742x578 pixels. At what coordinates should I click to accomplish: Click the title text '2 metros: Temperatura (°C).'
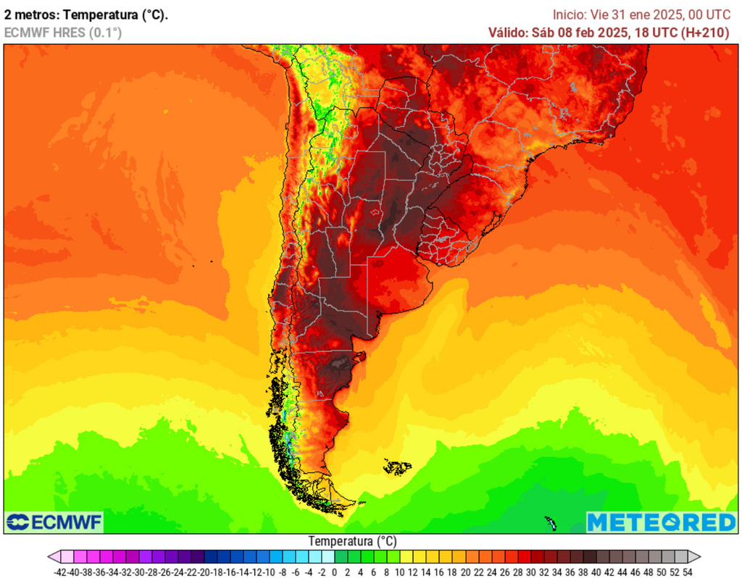tap(86, 14)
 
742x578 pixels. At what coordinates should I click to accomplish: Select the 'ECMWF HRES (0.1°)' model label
tap(63, 33)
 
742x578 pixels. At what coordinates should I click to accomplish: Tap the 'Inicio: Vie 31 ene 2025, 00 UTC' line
tap(641, 14)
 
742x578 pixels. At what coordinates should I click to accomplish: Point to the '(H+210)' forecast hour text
tap(706, 33)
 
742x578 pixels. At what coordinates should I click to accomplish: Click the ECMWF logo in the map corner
tap(54, 522)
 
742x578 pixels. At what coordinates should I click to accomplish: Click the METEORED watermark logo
tap(661, 522)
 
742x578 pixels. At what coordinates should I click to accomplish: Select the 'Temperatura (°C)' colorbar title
tap(352, 541)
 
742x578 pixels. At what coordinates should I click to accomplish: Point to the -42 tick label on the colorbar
tap(61, 572)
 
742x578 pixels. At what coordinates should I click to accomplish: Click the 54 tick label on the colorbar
tap(687, 572)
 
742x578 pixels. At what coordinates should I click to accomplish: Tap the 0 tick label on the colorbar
tap(335, 572)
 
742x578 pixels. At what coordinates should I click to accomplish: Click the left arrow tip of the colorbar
tap(51, 557)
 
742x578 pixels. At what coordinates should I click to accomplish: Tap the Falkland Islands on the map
tap(397, 467)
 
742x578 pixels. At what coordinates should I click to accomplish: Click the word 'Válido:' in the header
tap(508, 33)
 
